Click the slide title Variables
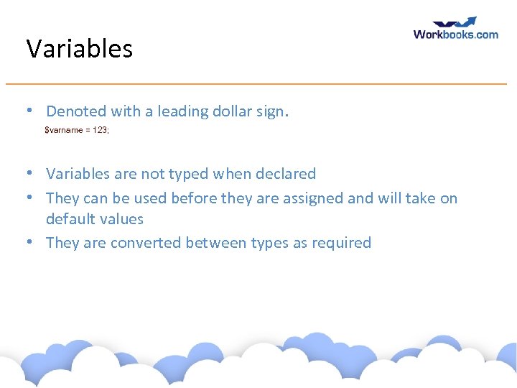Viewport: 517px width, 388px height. (79, 49)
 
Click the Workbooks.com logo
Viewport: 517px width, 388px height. (455, 29)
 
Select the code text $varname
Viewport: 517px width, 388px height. (64, 130)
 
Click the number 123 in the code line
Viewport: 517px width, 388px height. (100, 130)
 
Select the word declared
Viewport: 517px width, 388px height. (285, 174)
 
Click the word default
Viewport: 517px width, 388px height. (70, 219)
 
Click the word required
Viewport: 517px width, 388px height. (341, 243)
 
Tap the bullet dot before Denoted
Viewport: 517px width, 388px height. (27, 111)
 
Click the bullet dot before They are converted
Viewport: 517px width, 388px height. (27, 243)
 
